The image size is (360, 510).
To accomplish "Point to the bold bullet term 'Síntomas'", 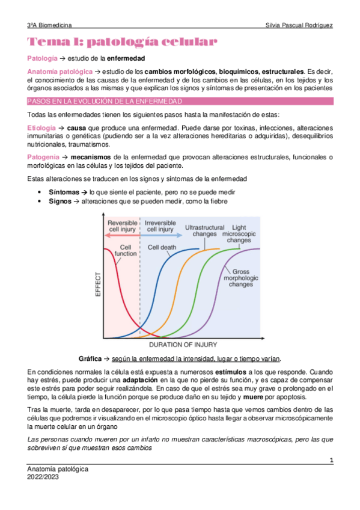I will click(64, 191).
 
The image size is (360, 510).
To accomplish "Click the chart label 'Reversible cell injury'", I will click(123, 226).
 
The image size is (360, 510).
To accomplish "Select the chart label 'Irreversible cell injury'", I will click(160, 226).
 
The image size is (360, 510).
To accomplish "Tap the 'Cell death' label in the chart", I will click(162, 247).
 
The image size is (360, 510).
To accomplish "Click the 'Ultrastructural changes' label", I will click(204, 230).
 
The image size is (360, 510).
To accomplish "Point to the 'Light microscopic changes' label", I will click(239, 233).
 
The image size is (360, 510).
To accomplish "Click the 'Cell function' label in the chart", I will click(126, 250).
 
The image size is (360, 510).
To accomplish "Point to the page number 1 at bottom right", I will click(331, 460).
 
